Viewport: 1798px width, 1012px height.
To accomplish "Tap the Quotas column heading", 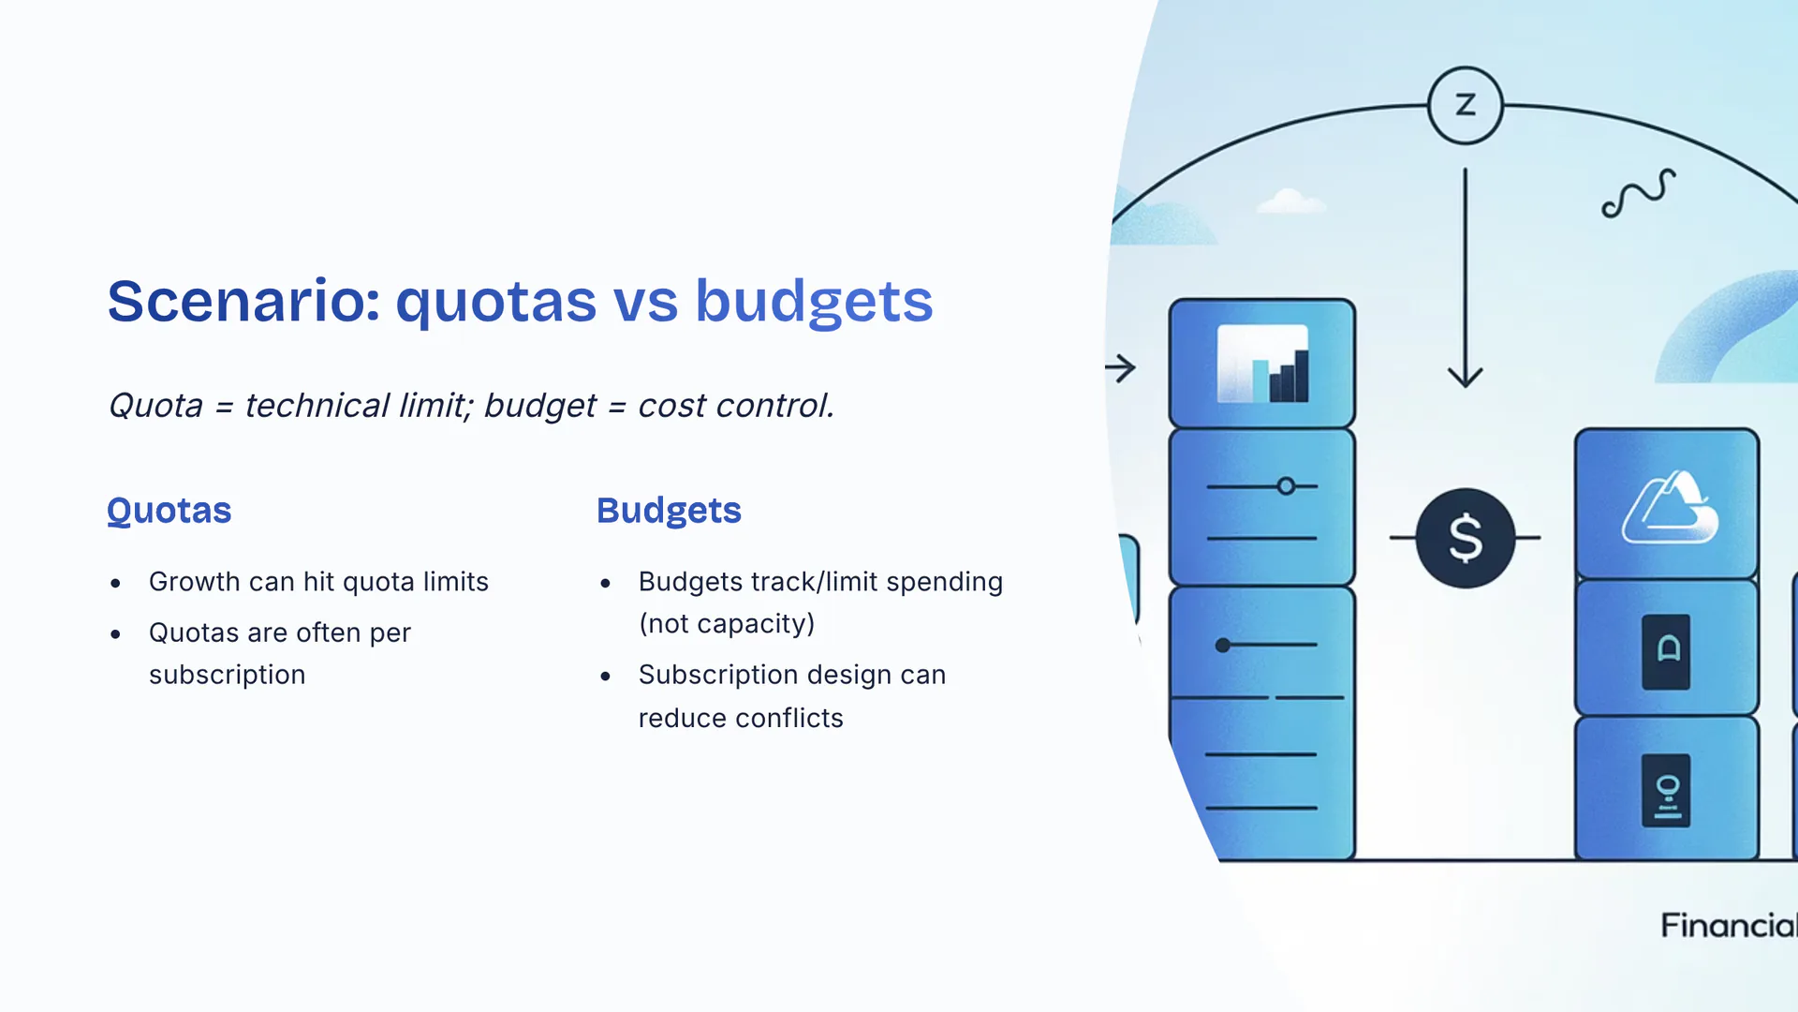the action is pos(169,511).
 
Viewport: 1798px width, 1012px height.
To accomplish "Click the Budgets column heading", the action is pos(669,512).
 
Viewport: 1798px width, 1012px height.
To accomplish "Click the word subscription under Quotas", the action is pos(227,676).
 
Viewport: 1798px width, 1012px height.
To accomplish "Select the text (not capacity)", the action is pos(727,624).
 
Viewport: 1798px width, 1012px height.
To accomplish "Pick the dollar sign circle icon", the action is pos(1465,538).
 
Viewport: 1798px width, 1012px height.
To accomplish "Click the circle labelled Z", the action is pos(1466,105).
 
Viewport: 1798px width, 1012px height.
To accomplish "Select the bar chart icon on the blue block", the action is pos(1262,364).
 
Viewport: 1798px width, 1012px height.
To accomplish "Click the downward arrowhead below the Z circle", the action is pos(1466,377).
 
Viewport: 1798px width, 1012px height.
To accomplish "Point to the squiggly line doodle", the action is pos(1638,193).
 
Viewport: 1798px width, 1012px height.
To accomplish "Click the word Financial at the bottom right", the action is pos(1729,926).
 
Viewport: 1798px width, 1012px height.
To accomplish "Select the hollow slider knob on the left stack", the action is pos(1287,486).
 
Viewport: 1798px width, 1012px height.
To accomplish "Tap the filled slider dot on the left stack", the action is pos(1223,645).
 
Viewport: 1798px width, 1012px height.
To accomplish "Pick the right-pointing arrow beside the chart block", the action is pos(1120,367).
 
